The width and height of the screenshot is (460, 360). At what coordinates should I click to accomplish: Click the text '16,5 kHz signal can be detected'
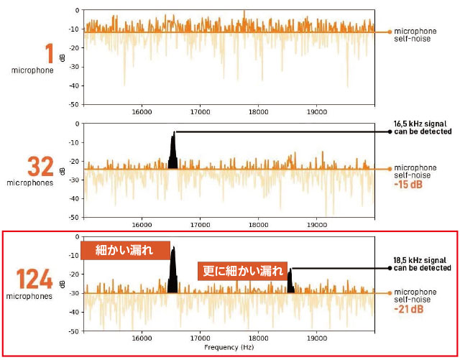pyautogui.click(x=422, y=127)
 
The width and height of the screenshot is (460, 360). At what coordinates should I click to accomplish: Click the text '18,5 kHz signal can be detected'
pyautogui.click(x=422, y=263)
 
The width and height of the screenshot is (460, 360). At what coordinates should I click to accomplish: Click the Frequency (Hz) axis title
pyautogui.click(x=229, y=347)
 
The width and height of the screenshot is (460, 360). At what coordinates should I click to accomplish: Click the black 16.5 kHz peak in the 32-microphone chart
pyautogui.click(x=172, y=152)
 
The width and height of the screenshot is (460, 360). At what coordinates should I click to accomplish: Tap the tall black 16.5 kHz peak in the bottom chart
pyautogui.click(x=172, y=269)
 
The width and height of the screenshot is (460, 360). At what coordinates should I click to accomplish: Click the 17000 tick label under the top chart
pyautogui.click(x=200, y=111)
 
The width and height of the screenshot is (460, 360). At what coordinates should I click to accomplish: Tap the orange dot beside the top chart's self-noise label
pyautogui.click(x=389, y=32)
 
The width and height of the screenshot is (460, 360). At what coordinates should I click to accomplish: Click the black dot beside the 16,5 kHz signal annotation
pyautogui.click(x=389, y=131)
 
